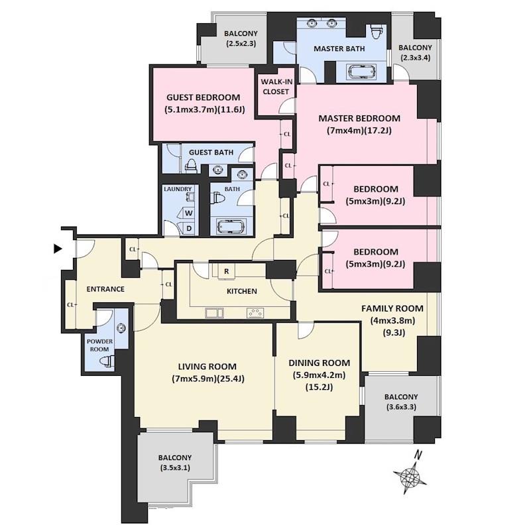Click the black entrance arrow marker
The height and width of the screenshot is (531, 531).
[x=58, y=249]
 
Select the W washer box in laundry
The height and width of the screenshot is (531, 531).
[x=189, y=213]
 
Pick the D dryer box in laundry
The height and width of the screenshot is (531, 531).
[x=189, y=228]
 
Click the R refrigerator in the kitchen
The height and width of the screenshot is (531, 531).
[x=227, y=271]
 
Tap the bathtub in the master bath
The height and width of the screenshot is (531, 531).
[x=362, y=72]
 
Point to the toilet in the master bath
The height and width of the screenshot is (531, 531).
[x=377, y=32]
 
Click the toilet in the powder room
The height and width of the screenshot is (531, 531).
[x=107, y=361]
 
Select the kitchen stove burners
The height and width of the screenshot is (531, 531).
[x=256, y=313]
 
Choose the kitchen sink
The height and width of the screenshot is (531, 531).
[x=214, y=313]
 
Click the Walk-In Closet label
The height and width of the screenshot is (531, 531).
[x=276, y=87]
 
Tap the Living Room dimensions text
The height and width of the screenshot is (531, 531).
[x=208, y=379]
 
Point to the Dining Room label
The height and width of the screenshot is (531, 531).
[x=319, y=363]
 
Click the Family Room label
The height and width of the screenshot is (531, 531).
[x=392, y=308]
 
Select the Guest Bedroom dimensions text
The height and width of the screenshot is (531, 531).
[x=205, y=109]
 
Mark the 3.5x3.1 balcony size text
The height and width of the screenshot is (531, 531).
[x=175, y=468]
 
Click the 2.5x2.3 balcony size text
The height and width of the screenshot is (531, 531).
[x=241, y=43]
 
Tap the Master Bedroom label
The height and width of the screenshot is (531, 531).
[x=359, y=119]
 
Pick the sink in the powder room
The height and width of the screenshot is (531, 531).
[x=121, y=327]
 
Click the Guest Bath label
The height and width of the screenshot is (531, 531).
[x=211, y=152]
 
